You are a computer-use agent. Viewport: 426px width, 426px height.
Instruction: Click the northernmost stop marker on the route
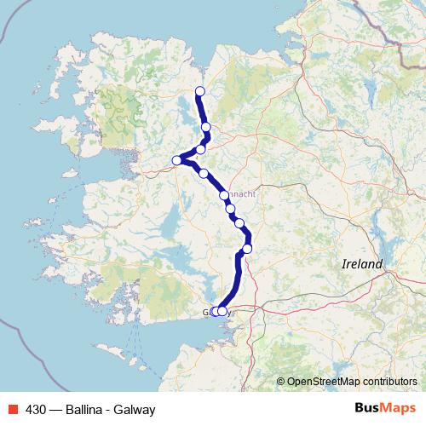point(200,91)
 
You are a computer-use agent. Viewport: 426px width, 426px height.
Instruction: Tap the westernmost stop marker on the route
point(177,160)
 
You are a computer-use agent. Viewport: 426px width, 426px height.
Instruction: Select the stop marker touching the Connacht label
point(224,195)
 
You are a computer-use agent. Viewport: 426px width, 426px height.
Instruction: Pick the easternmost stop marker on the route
point(247,249)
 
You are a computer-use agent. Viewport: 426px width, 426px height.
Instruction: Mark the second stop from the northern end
point(206,127)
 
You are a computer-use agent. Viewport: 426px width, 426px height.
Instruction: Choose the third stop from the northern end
point(201,149)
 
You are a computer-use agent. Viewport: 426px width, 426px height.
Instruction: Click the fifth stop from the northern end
point(204,174)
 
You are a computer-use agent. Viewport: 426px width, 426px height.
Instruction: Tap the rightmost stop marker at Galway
point(222,312)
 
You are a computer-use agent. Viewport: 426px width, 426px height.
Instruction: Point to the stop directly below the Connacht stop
point(230,208)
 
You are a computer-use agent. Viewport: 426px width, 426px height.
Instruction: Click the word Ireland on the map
point(362,264)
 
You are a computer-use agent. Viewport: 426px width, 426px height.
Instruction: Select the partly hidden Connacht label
point(242,194)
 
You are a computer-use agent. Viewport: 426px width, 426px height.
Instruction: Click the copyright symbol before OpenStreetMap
point(281,382)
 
